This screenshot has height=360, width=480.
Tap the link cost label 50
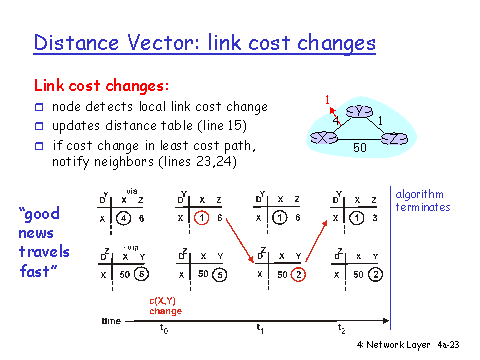pyautogui.click(x=361, y=147)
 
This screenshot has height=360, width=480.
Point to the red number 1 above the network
pyautogui.click(x=328, y=99)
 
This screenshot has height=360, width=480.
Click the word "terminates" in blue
pyautogui.click(x=423, y=207)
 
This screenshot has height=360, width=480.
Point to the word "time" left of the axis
pyautogui.click(x=113, y=321)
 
